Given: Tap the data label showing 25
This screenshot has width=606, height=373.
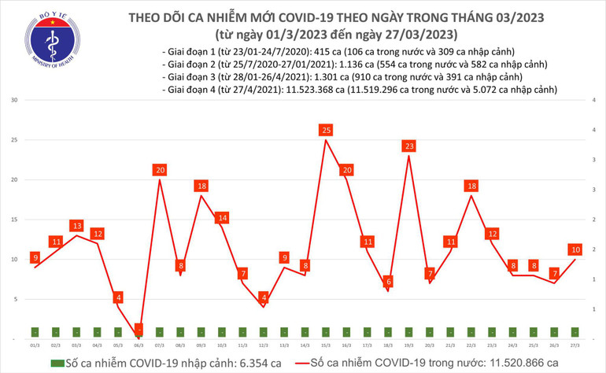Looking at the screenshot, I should [326, 130].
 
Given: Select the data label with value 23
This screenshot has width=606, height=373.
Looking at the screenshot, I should [409, 146].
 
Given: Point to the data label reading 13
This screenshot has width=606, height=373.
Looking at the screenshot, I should [76, 226].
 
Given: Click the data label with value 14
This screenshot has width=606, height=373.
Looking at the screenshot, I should [222, 218].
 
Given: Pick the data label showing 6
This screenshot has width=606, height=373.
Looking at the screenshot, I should [388, 282].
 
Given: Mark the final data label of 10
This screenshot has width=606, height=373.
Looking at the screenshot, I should [575, 249].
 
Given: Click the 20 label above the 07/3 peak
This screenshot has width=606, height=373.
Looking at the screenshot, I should [160, 170].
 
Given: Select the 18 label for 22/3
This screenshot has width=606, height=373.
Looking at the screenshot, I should [471, 186].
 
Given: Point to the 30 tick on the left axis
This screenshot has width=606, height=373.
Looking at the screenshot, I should [15, 101].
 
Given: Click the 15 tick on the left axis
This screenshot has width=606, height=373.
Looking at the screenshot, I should [15, 220].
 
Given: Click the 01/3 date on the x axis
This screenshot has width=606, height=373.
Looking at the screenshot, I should [35, 345].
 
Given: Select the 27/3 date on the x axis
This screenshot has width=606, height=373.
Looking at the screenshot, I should [575, 345].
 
